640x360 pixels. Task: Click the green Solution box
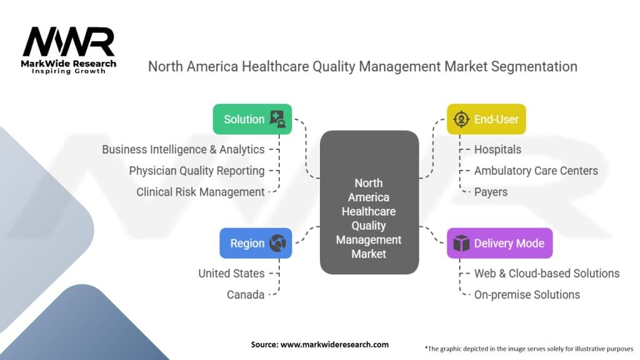252,119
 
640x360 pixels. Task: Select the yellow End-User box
486,119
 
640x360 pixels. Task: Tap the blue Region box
256,243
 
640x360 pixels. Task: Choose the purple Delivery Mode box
499,243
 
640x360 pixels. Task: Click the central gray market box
369,202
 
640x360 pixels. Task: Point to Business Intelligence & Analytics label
183,149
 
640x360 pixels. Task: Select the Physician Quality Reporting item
197,171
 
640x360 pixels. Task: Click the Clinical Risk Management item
201,192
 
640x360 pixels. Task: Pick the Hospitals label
497,149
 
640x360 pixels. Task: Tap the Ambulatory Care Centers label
536,171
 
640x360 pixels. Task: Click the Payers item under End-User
491,192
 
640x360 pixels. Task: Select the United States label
231,274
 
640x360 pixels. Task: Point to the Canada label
246,295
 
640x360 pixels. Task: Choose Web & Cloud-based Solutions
547,274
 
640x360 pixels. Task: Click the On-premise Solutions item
527,295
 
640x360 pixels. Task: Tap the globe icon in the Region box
277,243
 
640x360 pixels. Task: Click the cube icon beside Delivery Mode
461,243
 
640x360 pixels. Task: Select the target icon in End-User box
461,119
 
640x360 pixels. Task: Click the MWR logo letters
69,42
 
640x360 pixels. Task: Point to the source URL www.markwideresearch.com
335,344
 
